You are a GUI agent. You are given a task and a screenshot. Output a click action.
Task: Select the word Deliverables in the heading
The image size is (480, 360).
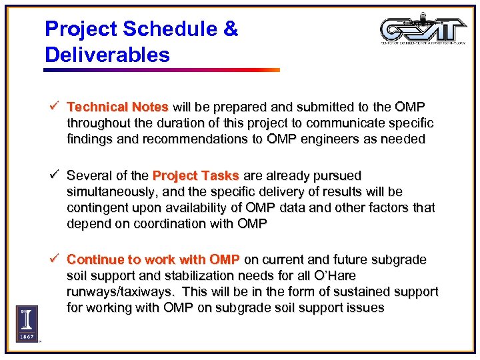pos(107,55)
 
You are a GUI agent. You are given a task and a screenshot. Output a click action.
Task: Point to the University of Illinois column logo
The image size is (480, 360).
pos(27,323)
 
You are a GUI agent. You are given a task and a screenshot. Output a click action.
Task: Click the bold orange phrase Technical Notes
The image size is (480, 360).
pos(118,107)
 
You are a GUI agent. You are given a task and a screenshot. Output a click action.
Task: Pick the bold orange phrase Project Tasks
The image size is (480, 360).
pos(196,176)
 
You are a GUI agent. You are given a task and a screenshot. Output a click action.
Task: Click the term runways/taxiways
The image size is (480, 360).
pos(122,292)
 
